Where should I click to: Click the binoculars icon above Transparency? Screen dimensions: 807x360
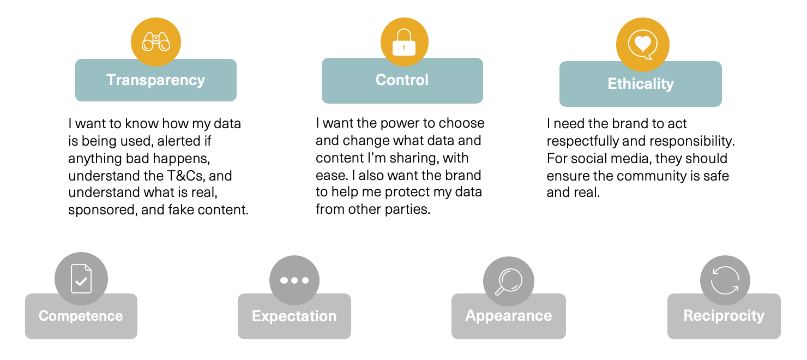tap(156, 41)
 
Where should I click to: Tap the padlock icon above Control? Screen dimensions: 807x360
tap(404, 42)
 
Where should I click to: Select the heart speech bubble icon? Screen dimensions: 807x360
tap(642, 45)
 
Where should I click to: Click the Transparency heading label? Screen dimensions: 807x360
tap(155, 80)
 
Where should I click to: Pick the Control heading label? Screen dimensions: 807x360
tap(402, 80)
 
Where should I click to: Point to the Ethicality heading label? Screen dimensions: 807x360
tap(641, 83)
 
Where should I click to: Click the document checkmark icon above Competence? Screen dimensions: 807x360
tap(81, 279)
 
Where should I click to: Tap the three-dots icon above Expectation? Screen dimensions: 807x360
tap(294, 280)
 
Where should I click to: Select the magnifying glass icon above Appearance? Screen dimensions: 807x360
tap(508, 281)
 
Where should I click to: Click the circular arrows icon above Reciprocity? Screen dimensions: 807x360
tap(725, 280)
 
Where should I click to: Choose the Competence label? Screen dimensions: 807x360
tap(81, 316)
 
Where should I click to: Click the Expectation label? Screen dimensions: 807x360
tap(294, 316)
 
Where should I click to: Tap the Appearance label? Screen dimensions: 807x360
tap(508, 316)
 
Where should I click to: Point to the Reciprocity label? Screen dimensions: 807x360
tap(724, 316)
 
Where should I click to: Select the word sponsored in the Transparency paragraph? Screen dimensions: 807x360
tap(103, 210)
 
